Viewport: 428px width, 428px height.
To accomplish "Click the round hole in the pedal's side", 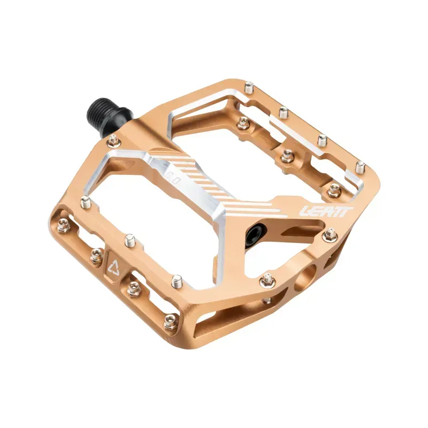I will pyautogui.click(x=307, y=278).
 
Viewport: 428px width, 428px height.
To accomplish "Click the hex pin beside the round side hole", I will pyautogui.click(x=266, y=279).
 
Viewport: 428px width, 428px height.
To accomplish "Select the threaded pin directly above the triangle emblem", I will pyautogui.click(x=129, y=240).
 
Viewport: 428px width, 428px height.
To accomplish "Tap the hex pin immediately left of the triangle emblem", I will pyautogui.click(x=96, y=256).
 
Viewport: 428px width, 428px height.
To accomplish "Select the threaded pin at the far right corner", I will pyautogui.click(x=361, y=167).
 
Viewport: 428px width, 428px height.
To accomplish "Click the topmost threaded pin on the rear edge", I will pyautogui.click(x=248, y=87).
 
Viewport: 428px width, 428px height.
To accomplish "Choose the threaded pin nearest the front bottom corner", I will pyautogui.click(x=177, y=280).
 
